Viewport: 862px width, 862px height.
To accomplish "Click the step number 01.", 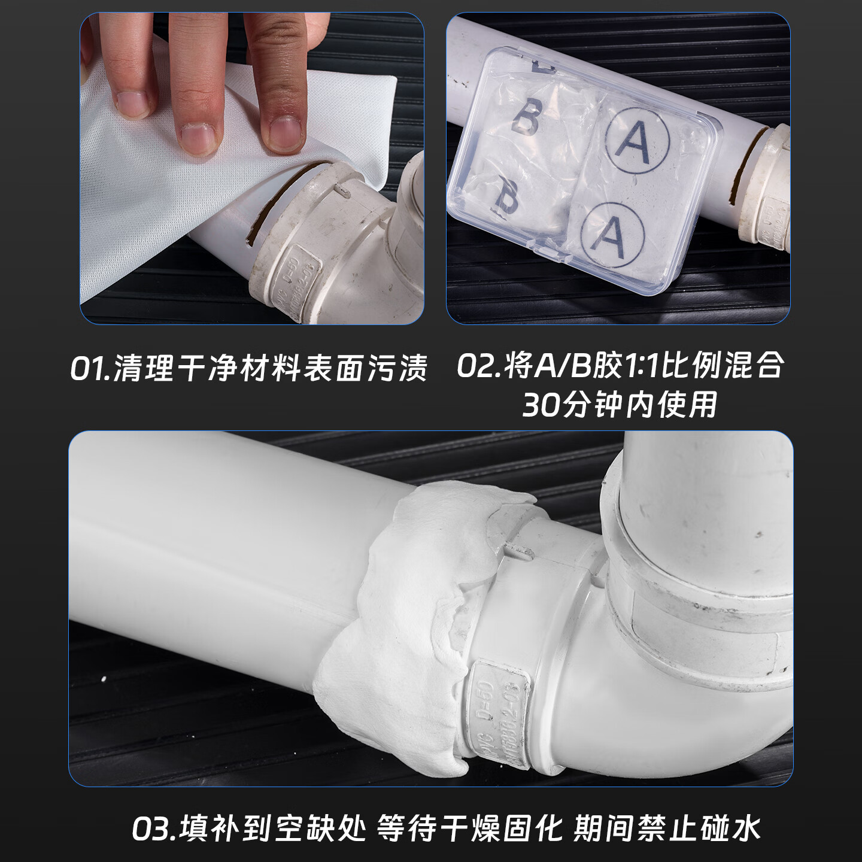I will [x=89, y=368].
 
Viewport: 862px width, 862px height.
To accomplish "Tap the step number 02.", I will [x=476, y=365].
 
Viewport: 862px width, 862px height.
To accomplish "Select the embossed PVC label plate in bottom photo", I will [x=497, y=712].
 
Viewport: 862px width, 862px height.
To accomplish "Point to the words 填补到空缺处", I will [x=272, y=828].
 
